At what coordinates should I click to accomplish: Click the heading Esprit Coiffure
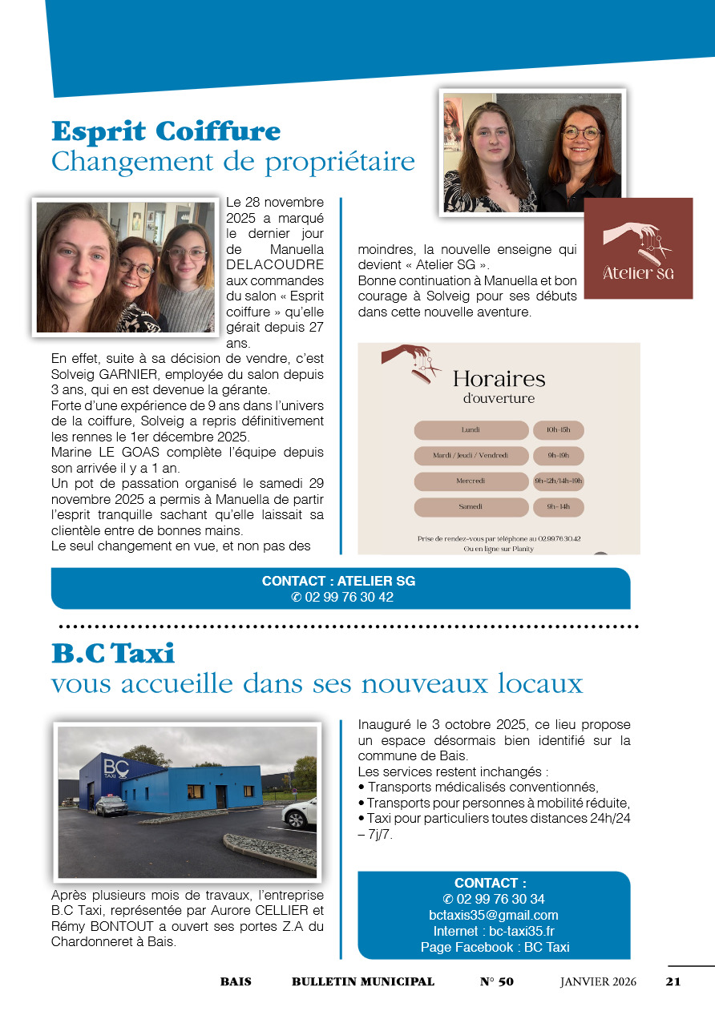tap(166, 131)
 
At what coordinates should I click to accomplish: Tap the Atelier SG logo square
tap(638, 248)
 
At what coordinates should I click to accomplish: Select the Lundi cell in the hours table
tap(471, 430)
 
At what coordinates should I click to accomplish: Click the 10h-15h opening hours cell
tap(558, 430)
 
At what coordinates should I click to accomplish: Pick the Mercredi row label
tap(471, 481)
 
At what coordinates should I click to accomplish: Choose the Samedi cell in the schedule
tap(471, 507)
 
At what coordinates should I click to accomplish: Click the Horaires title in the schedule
tap(499, 378)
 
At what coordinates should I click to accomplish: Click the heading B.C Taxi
tap(113, 654)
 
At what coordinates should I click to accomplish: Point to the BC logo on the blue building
tap(112, 767)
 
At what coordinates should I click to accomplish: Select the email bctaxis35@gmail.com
tap(493, 915)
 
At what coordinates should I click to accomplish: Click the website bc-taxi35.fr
tap(522, 931)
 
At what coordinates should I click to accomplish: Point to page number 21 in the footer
tap(673, 981)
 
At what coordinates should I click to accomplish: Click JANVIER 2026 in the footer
tap(598, 981)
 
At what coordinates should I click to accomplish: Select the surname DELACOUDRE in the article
tap(275, 264)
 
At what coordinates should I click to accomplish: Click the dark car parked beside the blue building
tap(111, 805)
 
